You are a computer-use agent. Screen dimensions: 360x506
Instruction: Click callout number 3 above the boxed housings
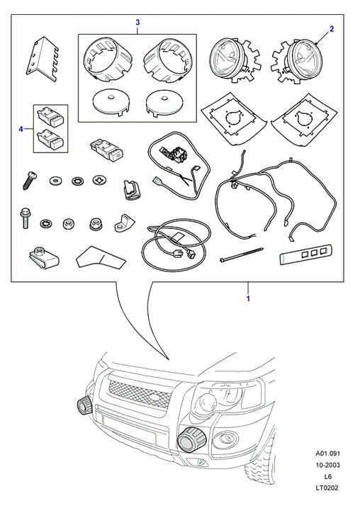pos(137,22)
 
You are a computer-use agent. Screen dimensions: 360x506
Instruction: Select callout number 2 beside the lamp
pos(332,29)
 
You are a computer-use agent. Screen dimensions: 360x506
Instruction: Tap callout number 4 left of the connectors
pos(21,129)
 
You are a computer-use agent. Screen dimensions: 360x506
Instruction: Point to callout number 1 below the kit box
pos(248,298)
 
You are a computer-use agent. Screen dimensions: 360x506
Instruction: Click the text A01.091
pos(327,454)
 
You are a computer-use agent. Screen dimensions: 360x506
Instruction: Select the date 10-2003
pos(327,465)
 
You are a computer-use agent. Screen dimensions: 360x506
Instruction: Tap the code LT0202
pos(327,488)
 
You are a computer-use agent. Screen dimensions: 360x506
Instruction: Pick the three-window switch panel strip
pos(306,255)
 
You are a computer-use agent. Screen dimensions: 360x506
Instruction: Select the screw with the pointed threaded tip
pos(29,181)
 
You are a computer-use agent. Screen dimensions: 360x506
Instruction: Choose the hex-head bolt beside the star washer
pos(25,218)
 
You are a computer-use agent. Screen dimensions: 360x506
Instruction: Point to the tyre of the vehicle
pos(261,465)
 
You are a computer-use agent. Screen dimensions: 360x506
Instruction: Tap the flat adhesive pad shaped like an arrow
pos(100,257)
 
